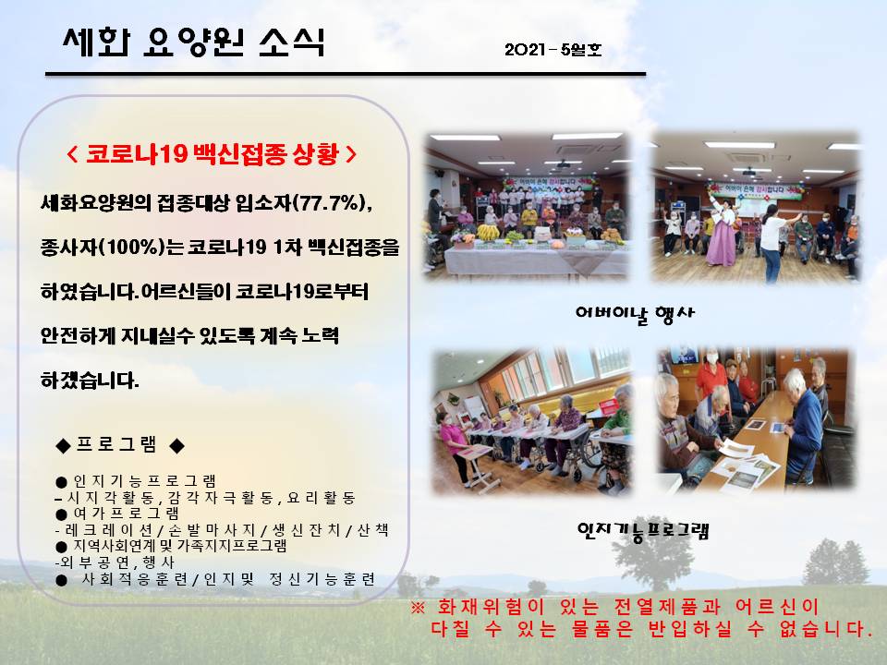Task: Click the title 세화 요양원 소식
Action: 193,42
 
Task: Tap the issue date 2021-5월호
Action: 553,50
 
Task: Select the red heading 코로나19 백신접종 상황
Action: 212,154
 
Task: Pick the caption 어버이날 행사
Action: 634,314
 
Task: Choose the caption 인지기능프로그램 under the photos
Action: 643,531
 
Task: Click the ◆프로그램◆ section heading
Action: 120,445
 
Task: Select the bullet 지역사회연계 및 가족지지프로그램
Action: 172,546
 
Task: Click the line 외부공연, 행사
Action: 115,562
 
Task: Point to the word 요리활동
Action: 321,498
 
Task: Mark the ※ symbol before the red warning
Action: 418,608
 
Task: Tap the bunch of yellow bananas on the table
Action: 488,232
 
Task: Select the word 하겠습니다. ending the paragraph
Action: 90,380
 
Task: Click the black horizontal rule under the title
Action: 346,74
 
